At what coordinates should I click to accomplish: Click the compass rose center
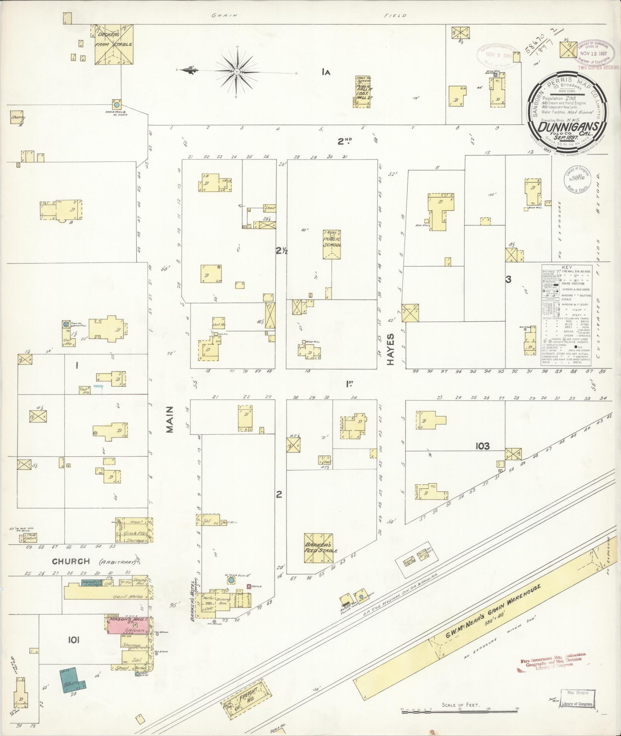[237, 72]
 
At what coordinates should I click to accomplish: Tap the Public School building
[332, 244]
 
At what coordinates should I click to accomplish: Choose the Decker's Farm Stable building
[114, 44]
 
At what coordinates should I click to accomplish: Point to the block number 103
[482, 446]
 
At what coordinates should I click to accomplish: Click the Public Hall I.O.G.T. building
[363, 92]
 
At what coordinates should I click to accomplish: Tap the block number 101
[74, 640]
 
